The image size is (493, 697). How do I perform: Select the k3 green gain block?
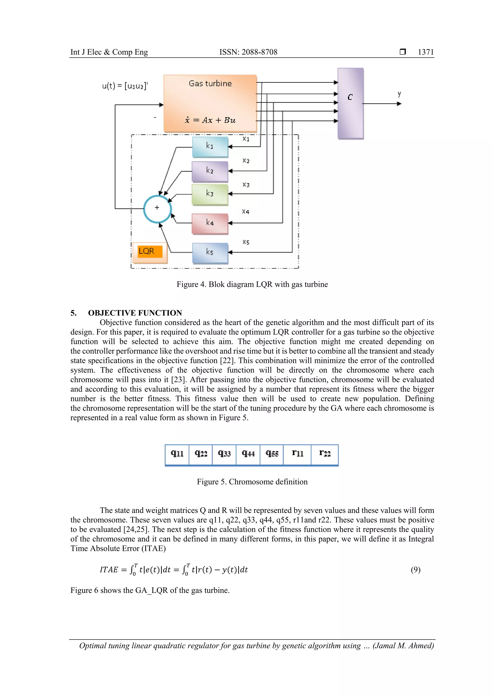click(x=210, y=194)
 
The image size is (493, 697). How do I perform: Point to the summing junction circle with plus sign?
click(x=157, y=209)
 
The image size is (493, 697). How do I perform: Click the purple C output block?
click(x=350, y=103)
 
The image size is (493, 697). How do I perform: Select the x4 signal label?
click(x=246, y=212)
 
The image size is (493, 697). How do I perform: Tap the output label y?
click(x=399, y=94)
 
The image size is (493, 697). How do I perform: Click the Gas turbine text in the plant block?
click(x=210, y=84)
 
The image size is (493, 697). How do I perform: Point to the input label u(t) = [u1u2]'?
click(x=125, y=86)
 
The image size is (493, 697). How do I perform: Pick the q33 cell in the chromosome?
click(x=224, y=454)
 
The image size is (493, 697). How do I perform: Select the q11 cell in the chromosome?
click(x=177, y=454)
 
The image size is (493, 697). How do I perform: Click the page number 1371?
click(x=426, y=52)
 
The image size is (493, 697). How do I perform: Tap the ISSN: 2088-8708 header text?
click(x=248, y=52)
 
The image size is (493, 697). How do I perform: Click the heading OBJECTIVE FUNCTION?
click(x=135, y=313)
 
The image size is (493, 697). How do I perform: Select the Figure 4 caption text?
click(x=252, y=284)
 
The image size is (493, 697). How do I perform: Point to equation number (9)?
click(x=415, y=570)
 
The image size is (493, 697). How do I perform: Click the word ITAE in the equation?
click(x=109, y=570)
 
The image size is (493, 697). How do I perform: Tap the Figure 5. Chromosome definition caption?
click(x=252, y=482)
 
